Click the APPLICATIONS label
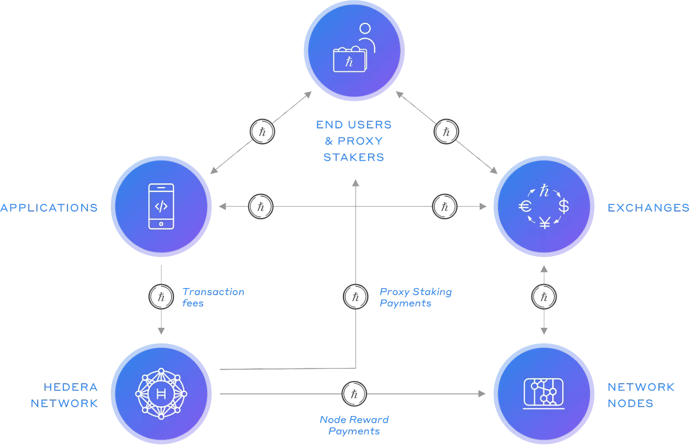pyautogui.click(x=49, y=208)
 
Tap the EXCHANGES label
pyautogui.click(x=648, y=208)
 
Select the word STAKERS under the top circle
pyautogui.click(x=354, y=157)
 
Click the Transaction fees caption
pyautogui.click(x=213, y=297)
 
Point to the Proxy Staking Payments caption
pyautogui.click(x=416, y=297)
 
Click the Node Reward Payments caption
pyautogui.click(x=354, y=425)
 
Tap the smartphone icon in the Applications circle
pyautogui.click(x=161, y=206)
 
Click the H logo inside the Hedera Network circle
pyautogui.click(x=161, y=394)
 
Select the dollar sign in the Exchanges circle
pyautogui.click(x=564, y=206)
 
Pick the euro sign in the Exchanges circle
pyautogui.click(x=525, y=206)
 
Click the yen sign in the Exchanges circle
pyautogui.click(x=545, y=223)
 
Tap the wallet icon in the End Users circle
pyautogui.click(x=350, y=60)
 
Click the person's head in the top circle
pyautogui.click(x=365, y=28)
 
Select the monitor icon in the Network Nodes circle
pyautogui.click(x=544, y=393)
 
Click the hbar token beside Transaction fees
pyautogui.click(x=161, y=297)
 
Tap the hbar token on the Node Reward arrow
pyautogui.click(x=354, y=394)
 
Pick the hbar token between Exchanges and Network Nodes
pyautogui.click(x=544, y=297)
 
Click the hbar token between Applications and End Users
pyautogui.click(x=262, y=131)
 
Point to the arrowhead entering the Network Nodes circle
pyautogui.click(x=482, y=394)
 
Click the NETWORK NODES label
pyautogui.click(x=640, y=395)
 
